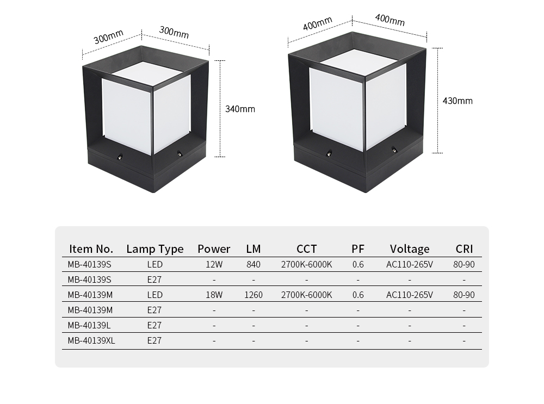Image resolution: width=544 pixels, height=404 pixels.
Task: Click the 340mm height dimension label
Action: tap(240, 109)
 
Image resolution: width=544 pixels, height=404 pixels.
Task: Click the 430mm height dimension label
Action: tap(458, 101)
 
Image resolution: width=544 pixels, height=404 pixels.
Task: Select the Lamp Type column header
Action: tap(154, 249)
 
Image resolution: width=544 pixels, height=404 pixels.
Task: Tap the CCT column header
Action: tap(306, 249)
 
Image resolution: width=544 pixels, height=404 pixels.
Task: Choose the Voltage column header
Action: tap(410, 249)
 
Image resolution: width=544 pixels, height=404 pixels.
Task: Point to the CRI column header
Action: tap(464, 249)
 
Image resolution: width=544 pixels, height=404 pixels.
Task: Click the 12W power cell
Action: tap(214, 265)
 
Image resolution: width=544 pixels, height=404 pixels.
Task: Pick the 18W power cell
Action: tap(214, 295)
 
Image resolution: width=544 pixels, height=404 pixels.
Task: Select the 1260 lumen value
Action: tap(254, 295)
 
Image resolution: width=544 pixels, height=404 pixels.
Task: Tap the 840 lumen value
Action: tap(254, 265)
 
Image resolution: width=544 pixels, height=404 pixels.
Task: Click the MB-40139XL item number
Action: tap(91, 341)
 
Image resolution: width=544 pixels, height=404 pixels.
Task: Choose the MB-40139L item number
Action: tap(89, 325)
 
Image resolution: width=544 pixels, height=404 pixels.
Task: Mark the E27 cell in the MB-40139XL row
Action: tap(154, 341)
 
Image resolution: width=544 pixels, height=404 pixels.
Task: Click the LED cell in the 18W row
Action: tap(154, 295)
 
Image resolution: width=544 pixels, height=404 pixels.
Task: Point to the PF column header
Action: tap(358, 249)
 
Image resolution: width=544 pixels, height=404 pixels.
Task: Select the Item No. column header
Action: tap(91, 249)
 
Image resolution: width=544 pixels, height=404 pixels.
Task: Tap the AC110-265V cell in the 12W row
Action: tap(410, 265)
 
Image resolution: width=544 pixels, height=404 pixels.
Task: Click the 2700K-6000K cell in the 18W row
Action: tap(306, 295)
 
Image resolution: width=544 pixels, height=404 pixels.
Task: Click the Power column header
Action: tap(214, 249)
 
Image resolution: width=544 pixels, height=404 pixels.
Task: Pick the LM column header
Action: tap(254, 249)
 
